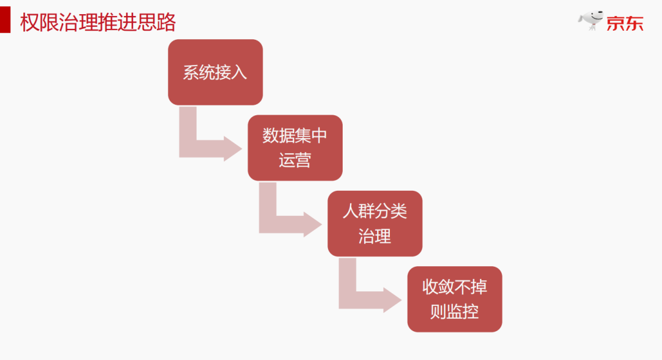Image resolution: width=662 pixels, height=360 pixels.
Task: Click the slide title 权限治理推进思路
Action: point(98,23)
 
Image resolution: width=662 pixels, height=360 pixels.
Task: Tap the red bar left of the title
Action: point(5,23)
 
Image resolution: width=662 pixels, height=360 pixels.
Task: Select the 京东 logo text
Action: point(625,24)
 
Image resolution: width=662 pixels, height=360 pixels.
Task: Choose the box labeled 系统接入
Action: point(215,72)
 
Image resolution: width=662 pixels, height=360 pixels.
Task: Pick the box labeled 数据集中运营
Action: point(295,148)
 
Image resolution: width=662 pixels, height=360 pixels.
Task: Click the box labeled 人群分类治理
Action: point(375,223)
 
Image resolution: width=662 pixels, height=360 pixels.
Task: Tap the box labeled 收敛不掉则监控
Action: point(454,299)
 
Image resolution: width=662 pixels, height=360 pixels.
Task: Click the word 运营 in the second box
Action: point(295,161)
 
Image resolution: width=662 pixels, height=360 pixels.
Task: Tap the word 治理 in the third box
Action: point(375,236)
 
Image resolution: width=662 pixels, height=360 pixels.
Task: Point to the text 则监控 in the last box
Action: point(454,312)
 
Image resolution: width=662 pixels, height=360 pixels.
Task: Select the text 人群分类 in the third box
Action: point(375,212)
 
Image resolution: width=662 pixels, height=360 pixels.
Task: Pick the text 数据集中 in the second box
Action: point(295,136)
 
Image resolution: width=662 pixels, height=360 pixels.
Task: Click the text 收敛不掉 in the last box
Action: point(454,287)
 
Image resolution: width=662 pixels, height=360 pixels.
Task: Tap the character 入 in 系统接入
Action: point(240,72)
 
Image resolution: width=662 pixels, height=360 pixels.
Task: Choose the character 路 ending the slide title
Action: point(167,23)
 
